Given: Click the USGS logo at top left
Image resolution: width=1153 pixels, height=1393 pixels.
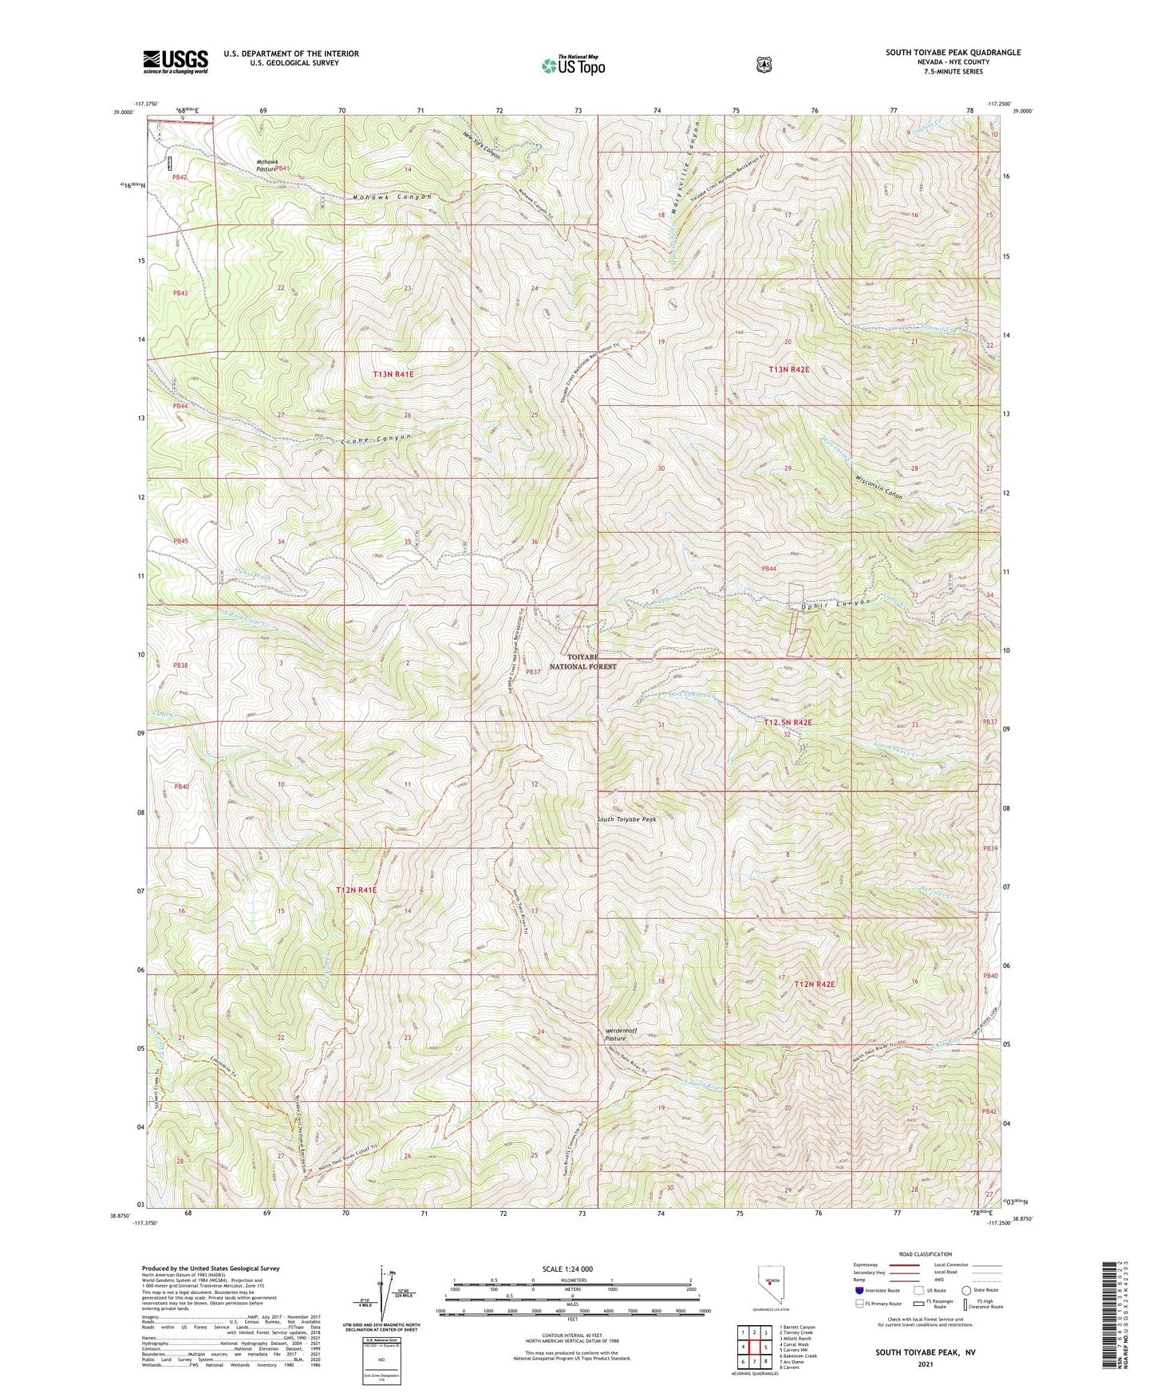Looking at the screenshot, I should point(176,61).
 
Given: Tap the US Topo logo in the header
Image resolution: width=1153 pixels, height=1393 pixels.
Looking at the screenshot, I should point(572,65).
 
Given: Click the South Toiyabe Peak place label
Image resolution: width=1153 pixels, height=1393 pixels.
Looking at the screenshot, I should point(626,819).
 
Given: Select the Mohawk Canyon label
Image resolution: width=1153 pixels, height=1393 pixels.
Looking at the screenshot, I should point(392,197).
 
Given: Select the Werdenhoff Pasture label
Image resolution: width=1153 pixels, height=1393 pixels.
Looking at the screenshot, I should point(622,1034).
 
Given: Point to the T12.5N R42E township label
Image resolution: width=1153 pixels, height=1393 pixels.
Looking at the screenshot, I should point(787,722).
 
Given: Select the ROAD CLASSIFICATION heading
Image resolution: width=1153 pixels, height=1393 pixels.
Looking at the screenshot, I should point(925,1254).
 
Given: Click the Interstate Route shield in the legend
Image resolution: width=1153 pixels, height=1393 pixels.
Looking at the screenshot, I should point(859,1290).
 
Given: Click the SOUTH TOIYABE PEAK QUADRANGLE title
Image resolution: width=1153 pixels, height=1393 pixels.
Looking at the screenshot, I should point(953,53).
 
